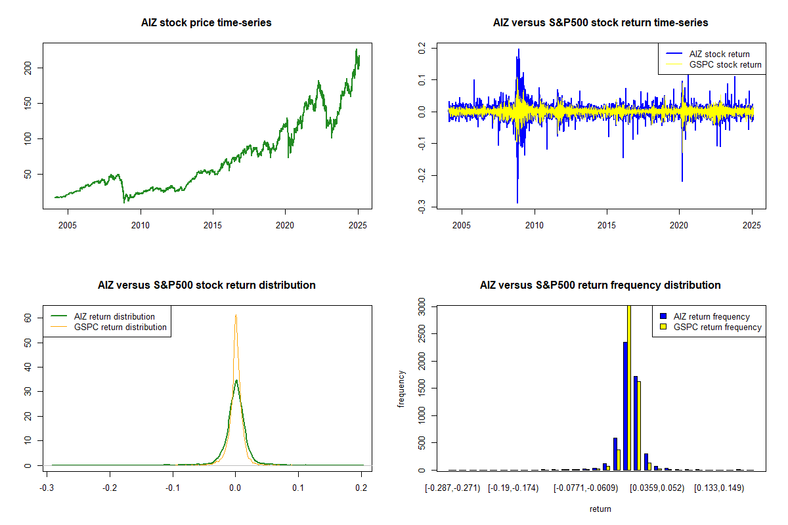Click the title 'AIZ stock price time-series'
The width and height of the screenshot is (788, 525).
point(206,23)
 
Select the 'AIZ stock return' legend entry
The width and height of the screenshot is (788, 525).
point(719,54)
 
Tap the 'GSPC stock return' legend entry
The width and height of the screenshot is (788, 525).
point(725,64)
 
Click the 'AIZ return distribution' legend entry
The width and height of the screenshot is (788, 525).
point(115,316)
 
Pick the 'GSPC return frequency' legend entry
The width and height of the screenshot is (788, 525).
point(717,327)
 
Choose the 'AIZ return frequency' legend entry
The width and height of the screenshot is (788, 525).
point(711,316)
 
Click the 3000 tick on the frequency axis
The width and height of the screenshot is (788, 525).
point(426,306)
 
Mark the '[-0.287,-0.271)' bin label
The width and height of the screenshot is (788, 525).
point(452,488)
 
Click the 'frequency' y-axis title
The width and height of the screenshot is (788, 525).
point(402,388)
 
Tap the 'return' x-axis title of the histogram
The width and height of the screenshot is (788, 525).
point(600,509)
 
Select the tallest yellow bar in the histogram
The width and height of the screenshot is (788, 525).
point(629,387)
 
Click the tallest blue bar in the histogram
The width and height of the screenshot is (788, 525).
point(625,406)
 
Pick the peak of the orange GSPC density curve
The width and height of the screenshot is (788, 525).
point(236,316)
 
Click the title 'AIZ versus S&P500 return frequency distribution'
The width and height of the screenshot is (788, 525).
point(600,285)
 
